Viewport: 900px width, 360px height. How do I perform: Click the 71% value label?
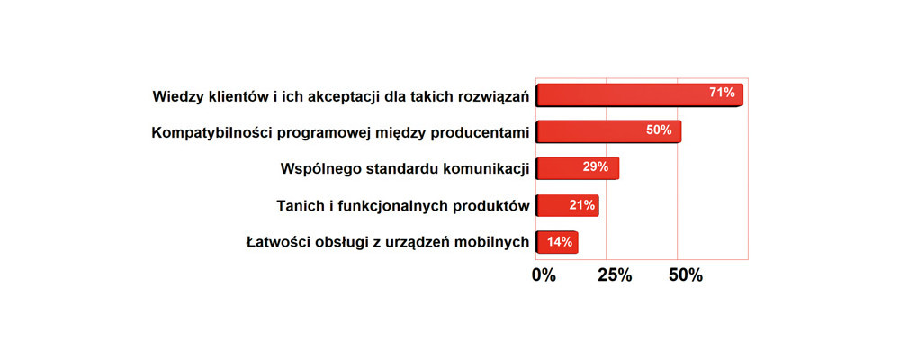[722, 93]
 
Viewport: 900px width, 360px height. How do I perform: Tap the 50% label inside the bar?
[659, 130]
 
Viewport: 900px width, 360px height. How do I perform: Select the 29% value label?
[595, 167]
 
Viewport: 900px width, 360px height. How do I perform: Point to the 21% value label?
[582, 205]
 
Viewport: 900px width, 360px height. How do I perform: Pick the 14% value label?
[560, 242]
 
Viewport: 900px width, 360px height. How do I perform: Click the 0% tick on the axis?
[544, 275]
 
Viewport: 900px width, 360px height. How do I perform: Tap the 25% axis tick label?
[615, 275]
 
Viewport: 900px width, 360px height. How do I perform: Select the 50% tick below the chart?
[686, 275]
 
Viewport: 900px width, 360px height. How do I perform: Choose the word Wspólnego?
[316, 170]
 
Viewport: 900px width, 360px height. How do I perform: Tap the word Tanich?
[295, 206]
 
